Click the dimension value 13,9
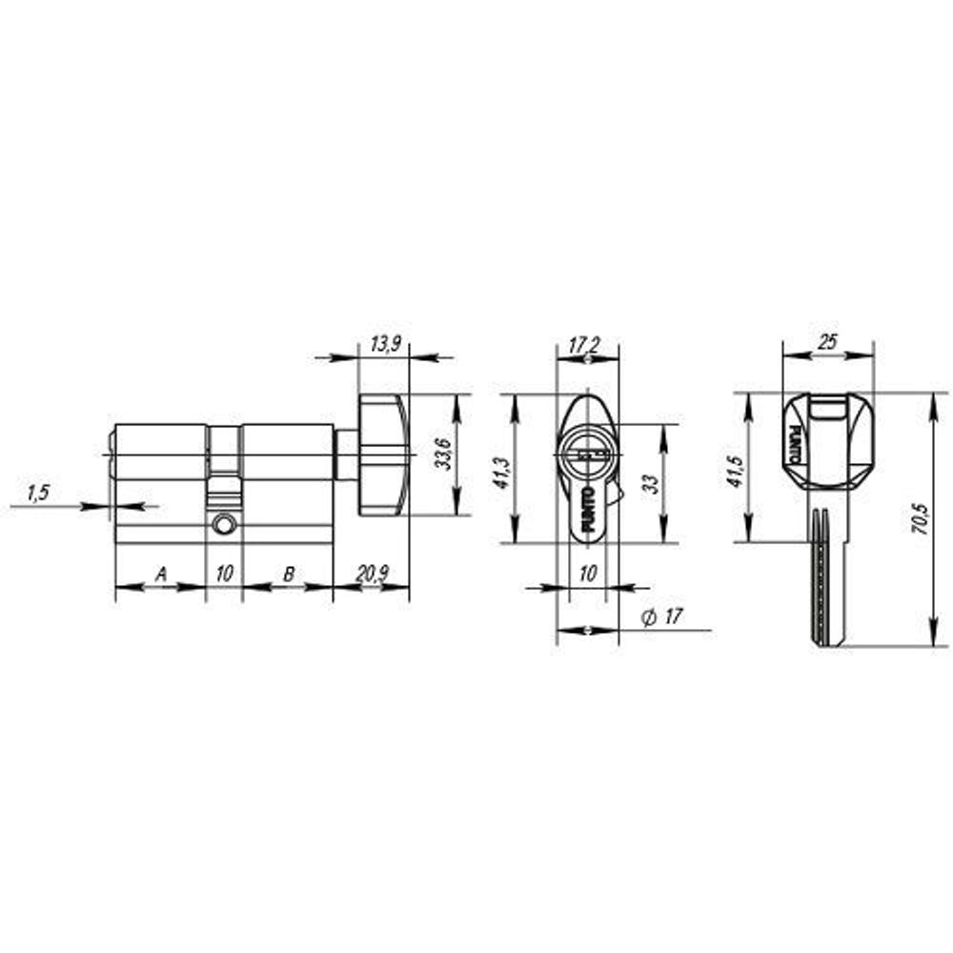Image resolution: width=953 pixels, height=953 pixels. coord(384,345)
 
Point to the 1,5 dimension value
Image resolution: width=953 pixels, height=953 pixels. coord(37,493)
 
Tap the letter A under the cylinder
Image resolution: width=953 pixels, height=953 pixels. coord(161,575)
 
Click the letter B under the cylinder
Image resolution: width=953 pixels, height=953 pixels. coord(288,575)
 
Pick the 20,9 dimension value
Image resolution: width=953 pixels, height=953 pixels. coord(372,575)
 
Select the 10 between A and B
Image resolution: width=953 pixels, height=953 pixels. coord(224,575)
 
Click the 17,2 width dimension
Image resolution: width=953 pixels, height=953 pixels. coord(585,346)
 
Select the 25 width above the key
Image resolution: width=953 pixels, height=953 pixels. coord(827,343)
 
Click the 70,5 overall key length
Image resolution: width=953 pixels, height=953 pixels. coord(921,518)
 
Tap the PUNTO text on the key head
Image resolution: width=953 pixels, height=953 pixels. coord(795,445)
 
